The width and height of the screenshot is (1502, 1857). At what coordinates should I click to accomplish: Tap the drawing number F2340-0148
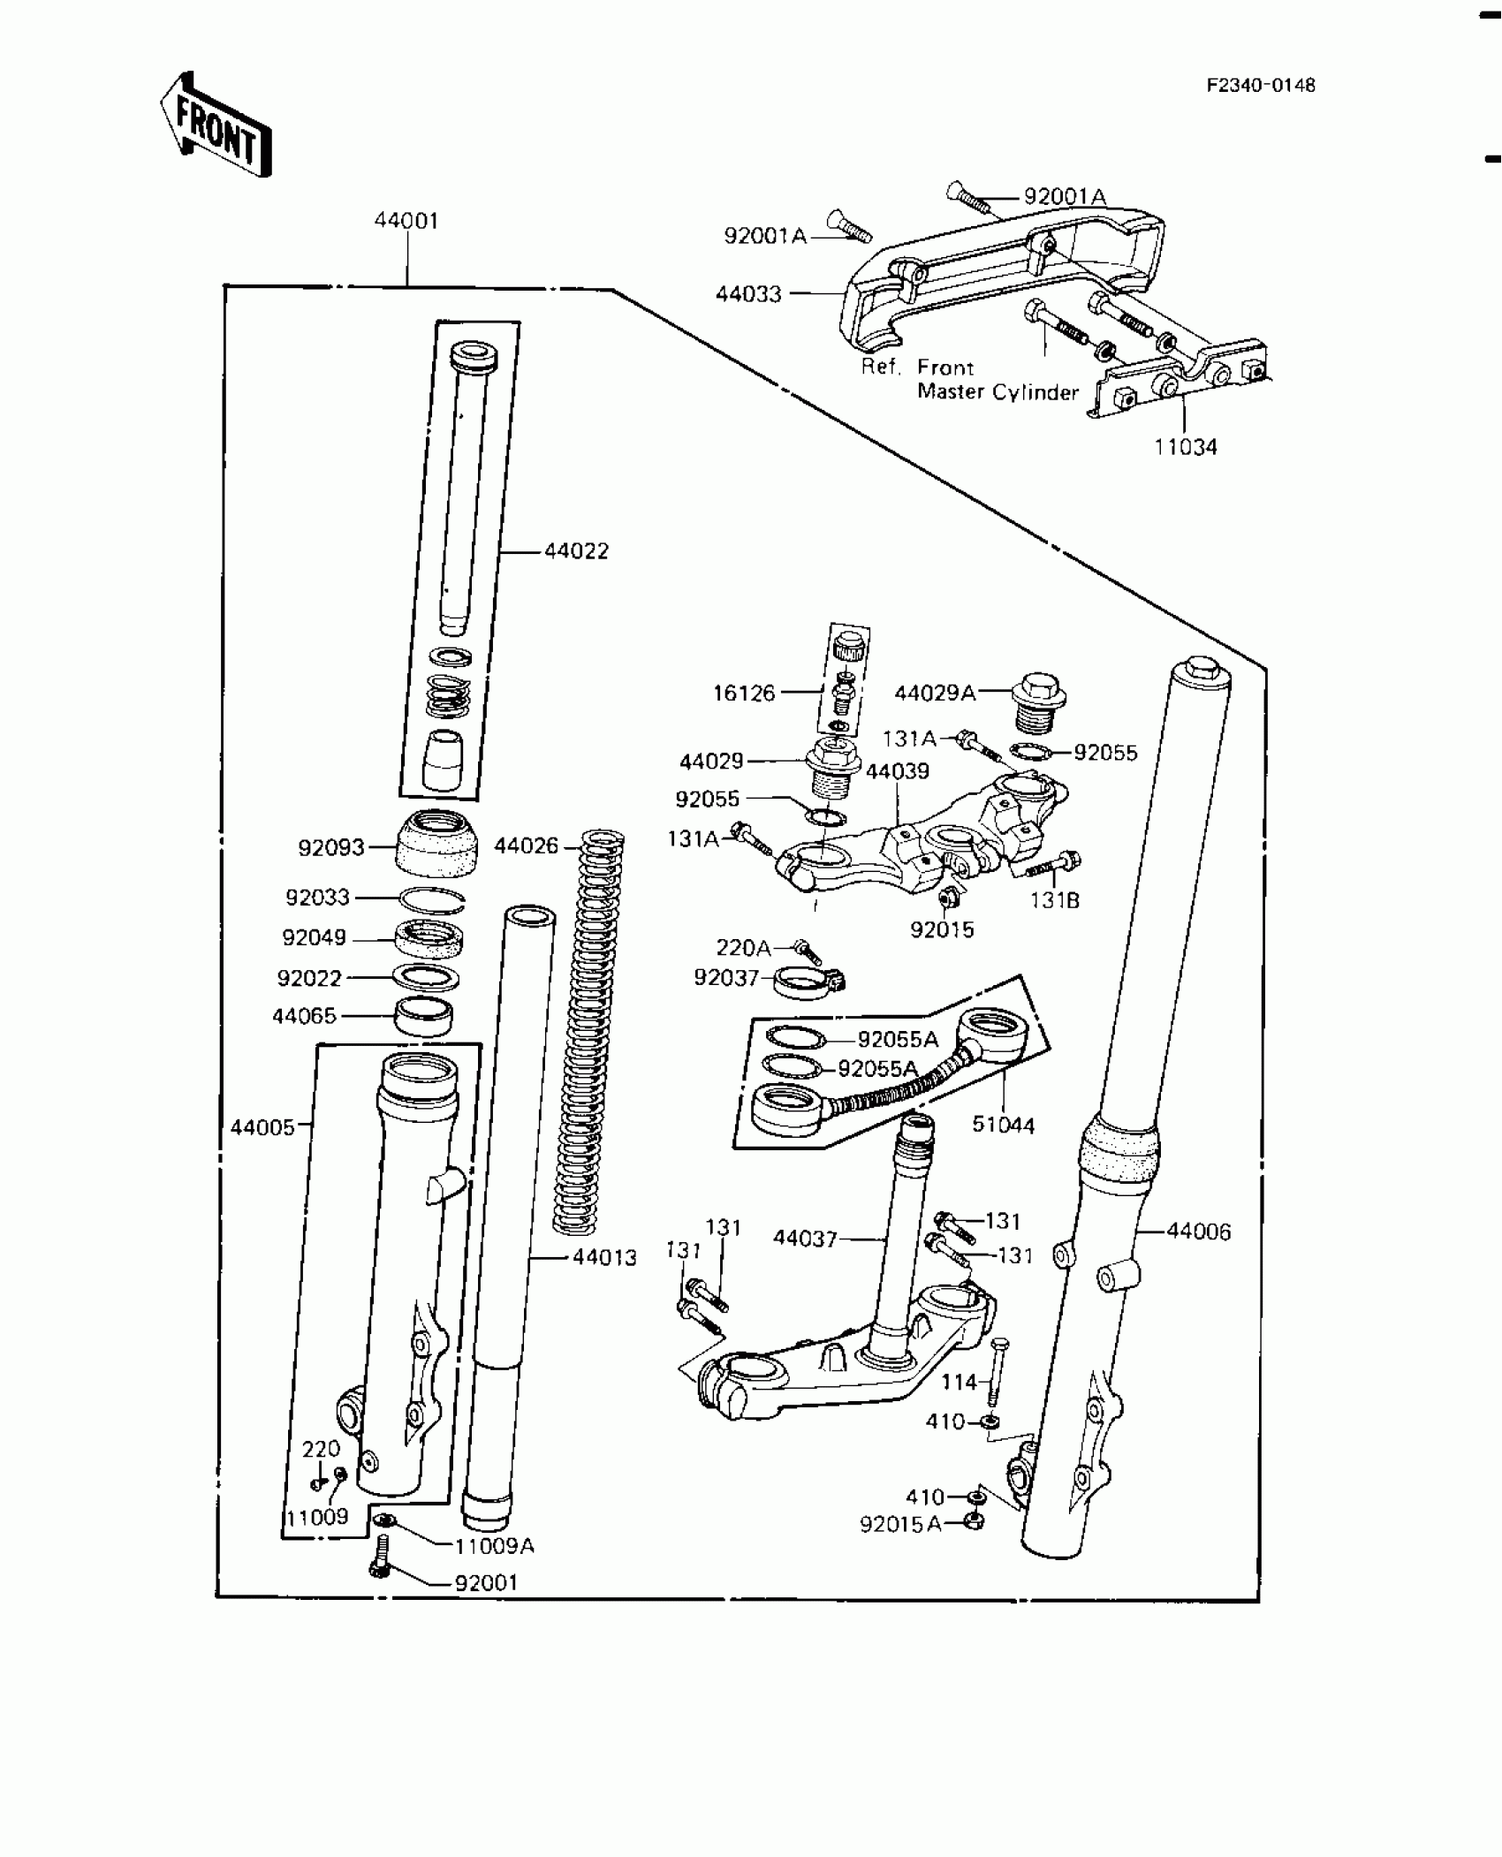[1261, 85]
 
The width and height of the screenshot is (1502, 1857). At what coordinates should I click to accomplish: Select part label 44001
[406, 221]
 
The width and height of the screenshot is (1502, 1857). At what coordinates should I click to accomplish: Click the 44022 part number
[576, 551]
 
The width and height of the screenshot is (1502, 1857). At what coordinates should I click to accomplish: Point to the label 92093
[331, 848]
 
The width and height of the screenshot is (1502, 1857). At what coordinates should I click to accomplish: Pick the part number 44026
[527, 846]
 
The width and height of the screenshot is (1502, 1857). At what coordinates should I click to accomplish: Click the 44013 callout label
[604, 1258]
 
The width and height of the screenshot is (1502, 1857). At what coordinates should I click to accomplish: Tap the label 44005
[262, 1128]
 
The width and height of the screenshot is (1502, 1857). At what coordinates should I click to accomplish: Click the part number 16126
[744, 694]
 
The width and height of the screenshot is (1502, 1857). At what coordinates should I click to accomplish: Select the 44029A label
[936, 694]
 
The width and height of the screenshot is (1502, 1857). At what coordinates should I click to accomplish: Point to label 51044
[1003, 1126]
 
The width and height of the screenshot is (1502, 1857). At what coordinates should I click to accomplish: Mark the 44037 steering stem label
[805, 1239]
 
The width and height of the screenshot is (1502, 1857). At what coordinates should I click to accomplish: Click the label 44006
[1198, 1232]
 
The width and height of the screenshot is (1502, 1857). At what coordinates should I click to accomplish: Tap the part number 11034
[1186, 447]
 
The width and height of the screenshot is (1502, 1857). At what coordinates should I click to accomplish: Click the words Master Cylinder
[998, 392]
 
